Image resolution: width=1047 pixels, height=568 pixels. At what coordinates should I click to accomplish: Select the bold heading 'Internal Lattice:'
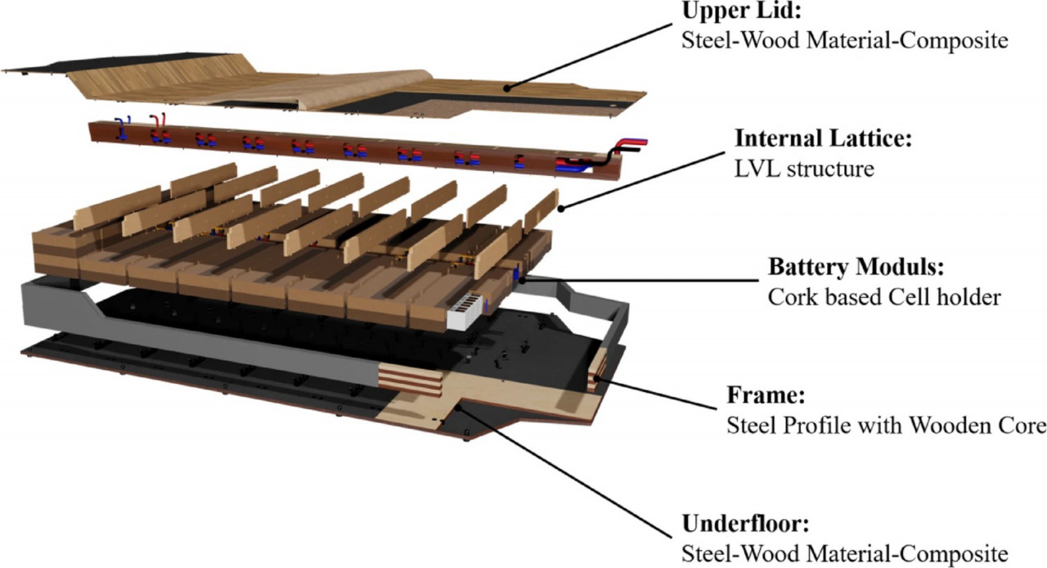pos(822,139)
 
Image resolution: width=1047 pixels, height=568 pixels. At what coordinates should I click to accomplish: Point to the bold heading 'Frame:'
pos(766,397)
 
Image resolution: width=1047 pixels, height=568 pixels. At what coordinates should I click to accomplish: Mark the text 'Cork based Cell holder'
pos(884,298)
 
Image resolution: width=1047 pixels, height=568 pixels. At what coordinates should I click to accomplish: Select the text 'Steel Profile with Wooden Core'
pos(886,426)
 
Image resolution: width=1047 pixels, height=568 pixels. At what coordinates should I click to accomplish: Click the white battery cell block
pos(469,313)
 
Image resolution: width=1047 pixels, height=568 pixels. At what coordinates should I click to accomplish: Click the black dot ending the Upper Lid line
pos(507,87)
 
